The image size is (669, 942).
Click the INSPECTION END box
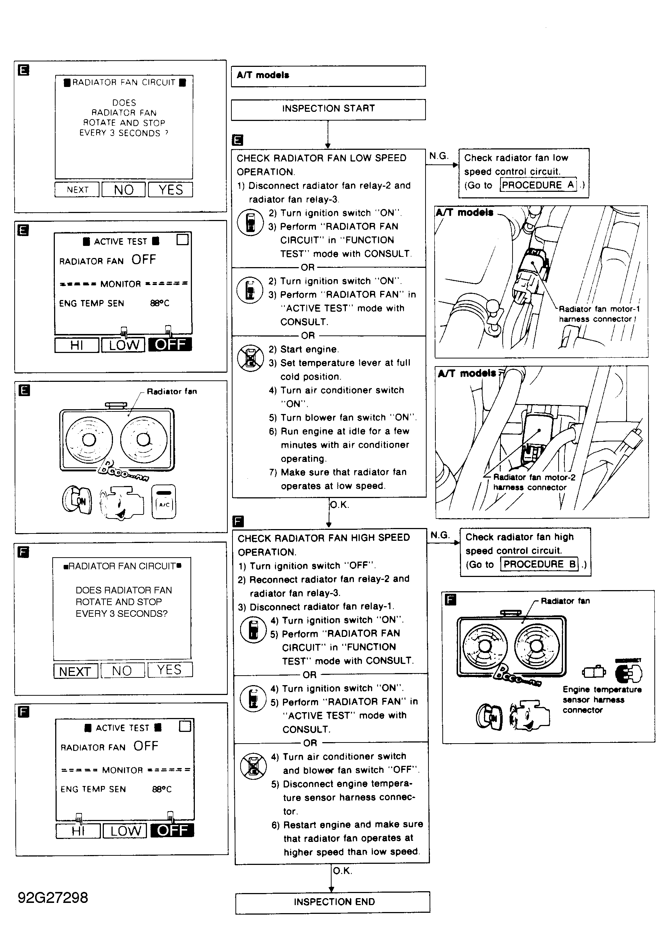tap(333, 902)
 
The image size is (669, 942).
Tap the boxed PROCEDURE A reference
tap(538, 185)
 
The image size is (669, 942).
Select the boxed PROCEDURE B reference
tap(539, 564)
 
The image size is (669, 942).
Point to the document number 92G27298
tap(53, 897)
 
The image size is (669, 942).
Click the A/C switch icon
tap(164, 501)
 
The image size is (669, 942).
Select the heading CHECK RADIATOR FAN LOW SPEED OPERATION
tap(321, 165)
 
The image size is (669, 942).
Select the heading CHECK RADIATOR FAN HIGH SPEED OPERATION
tap(324, 545)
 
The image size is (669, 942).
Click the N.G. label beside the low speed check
tap(438, 156)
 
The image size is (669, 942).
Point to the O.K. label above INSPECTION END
tap(342, 871)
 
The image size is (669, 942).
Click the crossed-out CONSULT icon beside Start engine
tap(250, 357)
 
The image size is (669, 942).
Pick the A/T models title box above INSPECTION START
tap(328, 76)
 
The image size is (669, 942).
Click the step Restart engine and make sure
tap(347, 838)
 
